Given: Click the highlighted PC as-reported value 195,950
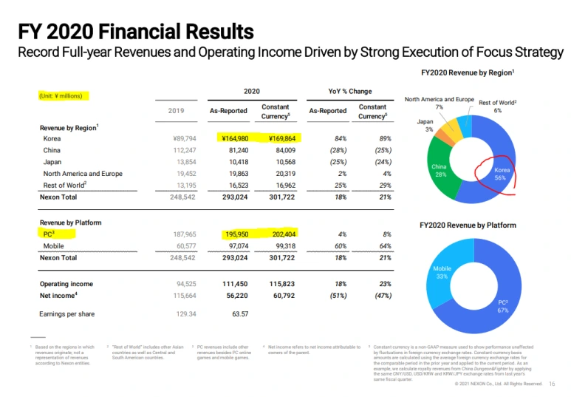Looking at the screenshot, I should (x=238, y=234).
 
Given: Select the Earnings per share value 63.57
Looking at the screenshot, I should (x=240, y=314).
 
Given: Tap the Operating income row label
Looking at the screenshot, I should (x=66, y=284).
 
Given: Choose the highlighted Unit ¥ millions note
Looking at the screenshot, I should (x=63, y=96).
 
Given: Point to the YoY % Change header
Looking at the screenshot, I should (x=350, y=92).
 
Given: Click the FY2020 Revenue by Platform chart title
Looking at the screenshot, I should (x=468, y=225).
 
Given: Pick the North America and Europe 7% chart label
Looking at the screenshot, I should (x=439, y=103).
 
